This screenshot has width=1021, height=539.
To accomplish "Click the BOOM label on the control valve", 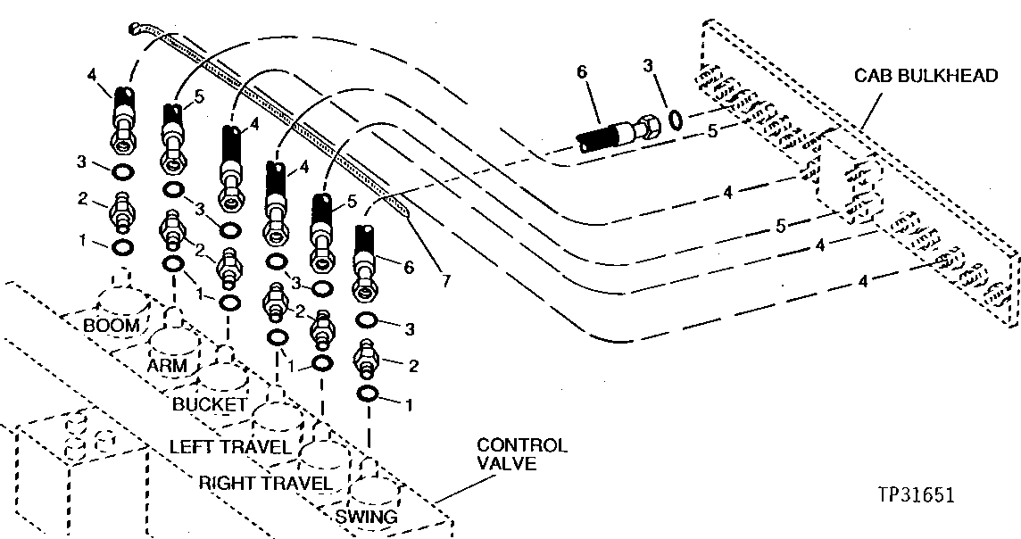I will (112, 325).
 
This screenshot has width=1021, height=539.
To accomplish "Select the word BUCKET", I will (209, 403).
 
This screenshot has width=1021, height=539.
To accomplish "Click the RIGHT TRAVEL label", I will (265, 483).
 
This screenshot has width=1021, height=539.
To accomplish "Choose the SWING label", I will (366, 516).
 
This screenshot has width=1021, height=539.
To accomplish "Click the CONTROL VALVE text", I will (521, 454).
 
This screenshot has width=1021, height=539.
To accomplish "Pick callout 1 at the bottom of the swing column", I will (410, 404).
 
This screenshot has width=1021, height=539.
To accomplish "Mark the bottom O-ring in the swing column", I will (367, 394).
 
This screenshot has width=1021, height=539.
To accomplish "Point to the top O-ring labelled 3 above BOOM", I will (124, 170).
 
